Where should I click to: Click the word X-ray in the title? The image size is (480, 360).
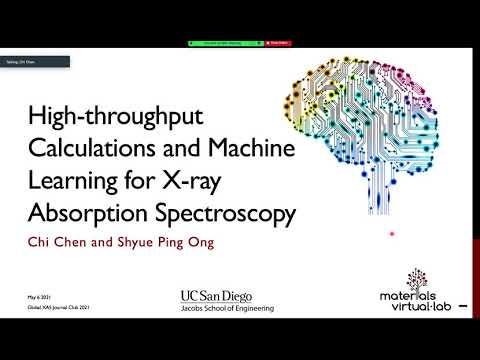pyautogui.click(x=238, y=183)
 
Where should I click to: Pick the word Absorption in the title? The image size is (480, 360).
pyautogui.click(x=96, y=214)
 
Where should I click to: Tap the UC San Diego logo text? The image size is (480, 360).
pyautogui.click(x=216, y=297)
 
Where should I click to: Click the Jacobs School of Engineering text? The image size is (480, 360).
pyautogui.click(x=216, y=309)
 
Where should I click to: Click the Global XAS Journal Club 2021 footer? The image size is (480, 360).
pyautogui.click(x=50, y=310)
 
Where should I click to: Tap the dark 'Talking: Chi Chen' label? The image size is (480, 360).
pyautogui.click(x=34, y=62)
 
